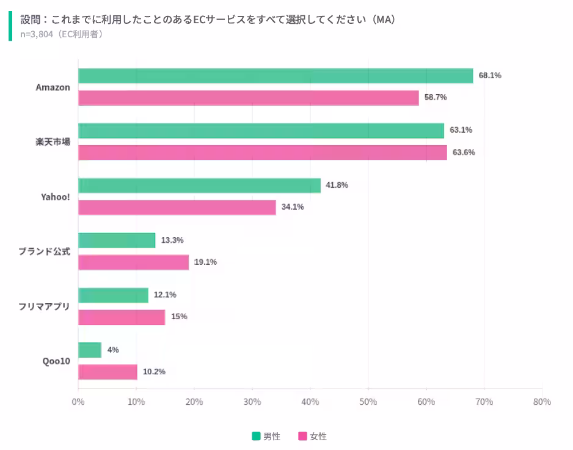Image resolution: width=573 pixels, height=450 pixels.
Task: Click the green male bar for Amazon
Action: tap(276, 76)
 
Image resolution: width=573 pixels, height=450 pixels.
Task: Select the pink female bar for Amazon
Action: tap(249, 98)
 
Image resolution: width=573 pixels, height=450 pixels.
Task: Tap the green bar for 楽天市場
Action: tap(261, 131)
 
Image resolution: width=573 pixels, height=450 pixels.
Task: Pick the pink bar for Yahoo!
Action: tap(177, 207)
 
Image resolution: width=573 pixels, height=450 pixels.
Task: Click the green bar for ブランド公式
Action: tap(117, 240)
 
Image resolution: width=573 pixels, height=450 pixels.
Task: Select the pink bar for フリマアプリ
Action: tap(122, 317)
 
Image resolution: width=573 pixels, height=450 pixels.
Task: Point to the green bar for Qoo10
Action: tap(90, 350)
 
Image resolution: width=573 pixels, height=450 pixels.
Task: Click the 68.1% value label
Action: tap(490, 76)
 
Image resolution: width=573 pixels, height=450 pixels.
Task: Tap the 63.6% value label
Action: tap(464, 152)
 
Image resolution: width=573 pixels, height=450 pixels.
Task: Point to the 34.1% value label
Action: tap(293, 207)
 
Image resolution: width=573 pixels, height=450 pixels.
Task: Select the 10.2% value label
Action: tap(154, 372)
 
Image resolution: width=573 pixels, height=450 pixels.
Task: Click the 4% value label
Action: tap(113, 350)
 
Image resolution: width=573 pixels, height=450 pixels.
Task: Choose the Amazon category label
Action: tap(53, 87)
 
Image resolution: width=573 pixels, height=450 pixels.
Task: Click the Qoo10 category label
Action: tap(56, 361)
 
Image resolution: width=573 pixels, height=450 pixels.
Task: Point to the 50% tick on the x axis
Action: tap(368, 402)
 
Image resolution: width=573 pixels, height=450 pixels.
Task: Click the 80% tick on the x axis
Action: tap(542, 402)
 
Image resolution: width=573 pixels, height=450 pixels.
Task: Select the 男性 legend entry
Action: tap(266, 436)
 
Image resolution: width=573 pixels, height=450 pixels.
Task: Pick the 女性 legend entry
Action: tap(313, 436)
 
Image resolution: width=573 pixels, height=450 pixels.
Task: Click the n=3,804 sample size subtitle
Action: tap(62, 34)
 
